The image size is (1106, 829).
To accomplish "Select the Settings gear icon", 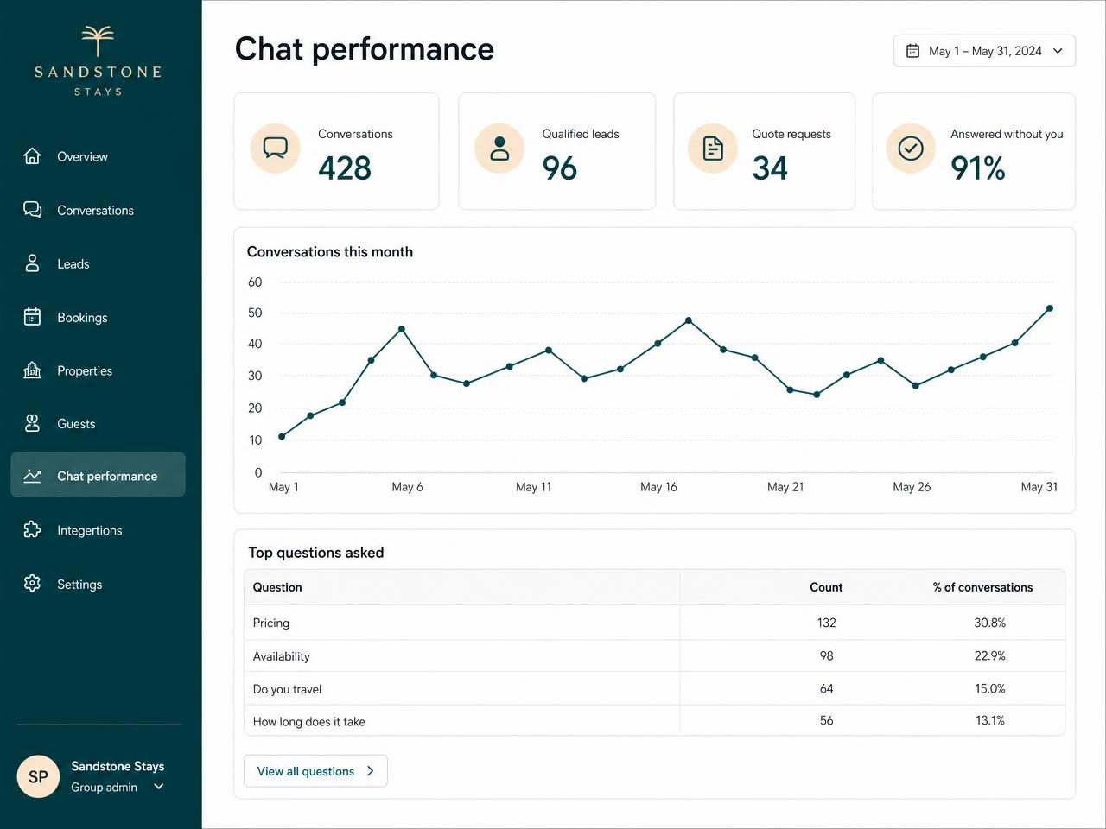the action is (32, 584).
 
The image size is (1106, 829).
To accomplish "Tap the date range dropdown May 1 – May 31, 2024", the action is (984, 51).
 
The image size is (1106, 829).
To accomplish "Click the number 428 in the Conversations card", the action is (345, 168).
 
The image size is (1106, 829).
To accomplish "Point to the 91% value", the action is (977, 168).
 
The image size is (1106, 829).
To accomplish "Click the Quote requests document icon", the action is (713, 149).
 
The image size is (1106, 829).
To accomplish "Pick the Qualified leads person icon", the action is (499, 149).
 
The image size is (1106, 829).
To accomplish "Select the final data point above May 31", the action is (1050, 308).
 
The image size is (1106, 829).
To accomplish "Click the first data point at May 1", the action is (282, 436).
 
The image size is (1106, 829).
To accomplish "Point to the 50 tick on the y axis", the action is (255, 313).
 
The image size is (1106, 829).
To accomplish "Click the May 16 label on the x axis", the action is (658, 487).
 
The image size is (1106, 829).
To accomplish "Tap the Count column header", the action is (826, 587).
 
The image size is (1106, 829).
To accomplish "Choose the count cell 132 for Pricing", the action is (826, 623).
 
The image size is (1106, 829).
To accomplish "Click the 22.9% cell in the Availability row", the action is (989, 655).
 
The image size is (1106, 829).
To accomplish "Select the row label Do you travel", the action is (287, 689).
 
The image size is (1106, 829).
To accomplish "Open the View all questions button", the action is (315, 770).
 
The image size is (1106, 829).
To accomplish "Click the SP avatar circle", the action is (38, 776).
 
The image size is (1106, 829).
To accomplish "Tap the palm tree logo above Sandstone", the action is (98, 41).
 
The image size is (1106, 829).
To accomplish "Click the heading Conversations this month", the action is (329, 251).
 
